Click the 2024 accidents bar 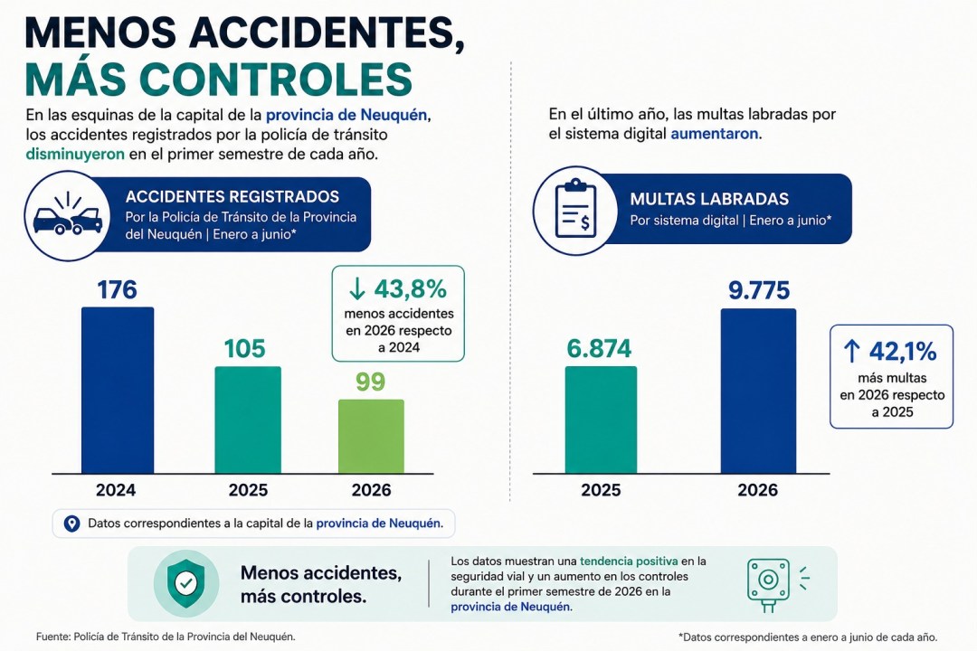118,390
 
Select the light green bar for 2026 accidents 372,436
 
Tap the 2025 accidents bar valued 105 248,420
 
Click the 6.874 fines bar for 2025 601,420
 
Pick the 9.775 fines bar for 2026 758,392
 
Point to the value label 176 117,289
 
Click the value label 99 371,382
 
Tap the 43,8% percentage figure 411,288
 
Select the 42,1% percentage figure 903,352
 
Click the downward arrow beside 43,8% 357,288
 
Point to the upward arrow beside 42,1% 852,352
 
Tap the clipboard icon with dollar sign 575,210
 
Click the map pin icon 72,524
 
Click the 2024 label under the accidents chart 116,490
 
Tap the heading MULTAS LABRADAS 709,199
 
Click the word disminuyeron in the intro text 75,154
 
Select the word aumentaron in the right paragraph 715,133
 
